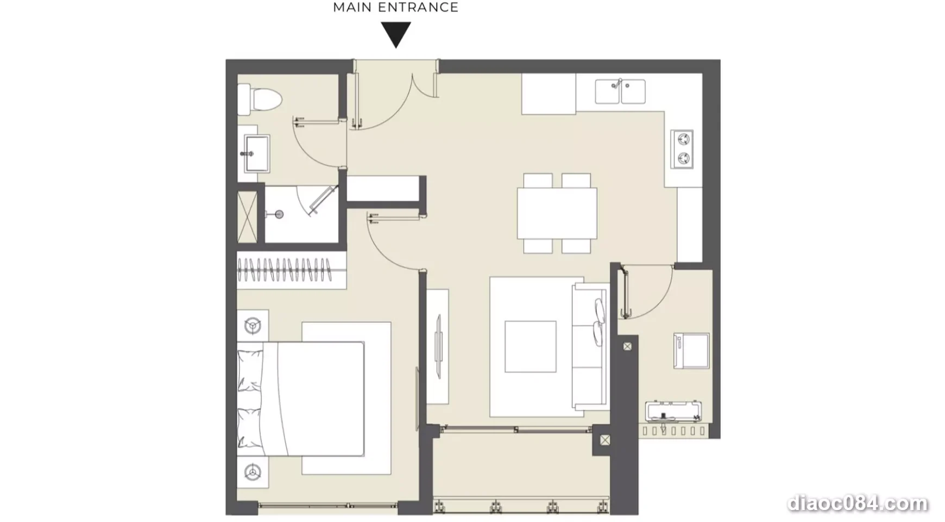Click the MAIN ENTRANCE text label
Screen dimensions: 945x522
(395, 8)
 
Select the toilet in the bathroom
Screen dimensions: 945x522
(260, 100)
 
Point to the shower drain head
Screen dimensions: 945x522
(279, 214)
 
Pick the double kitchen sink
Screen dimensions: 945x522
(620, 91)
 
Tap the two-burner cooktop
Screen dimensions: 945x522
(682, 148)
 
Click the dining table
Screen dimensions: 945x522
(557, 213)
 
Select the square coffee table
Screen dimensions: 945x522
(531, 346)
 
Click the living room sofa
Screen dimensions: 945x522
(590, 346)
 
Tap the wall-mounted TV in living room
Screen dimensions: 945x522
(439, 346)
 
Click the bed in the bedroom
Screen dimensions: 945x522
(300, 399)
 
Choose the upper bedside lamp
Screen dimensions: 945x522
(253, 326)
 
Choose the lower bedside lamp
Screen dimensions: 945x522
(253, 472)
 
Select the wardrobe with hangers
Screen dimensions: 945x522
(292, 270)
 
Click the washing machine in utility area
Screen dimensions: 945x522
(691, 351)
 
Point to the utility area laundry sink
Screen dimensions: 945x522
(673, 412)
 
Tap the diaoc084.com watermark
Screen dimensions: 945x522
(858, 504)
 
